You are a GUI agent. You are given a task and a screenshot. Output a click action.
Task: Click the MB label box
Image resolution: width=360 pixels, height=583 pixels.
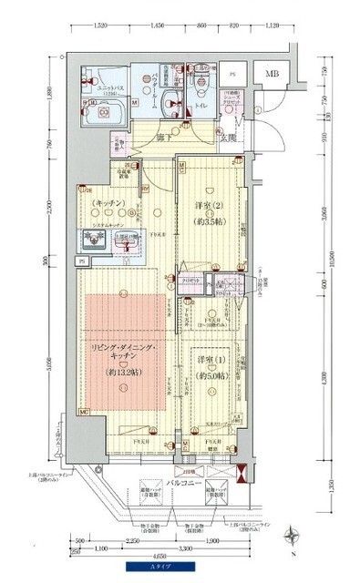(272, 74)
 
